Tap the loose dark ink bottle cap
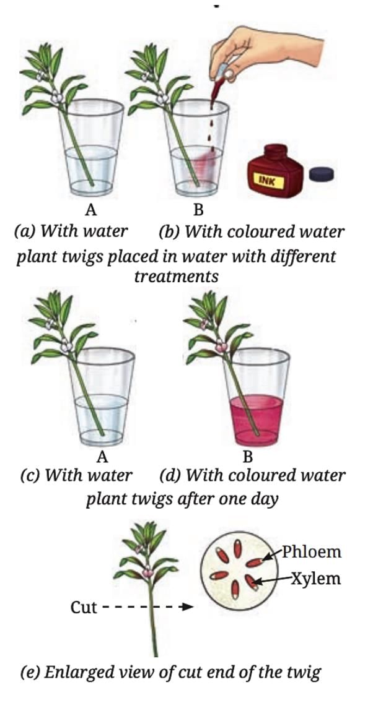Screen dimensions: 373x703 (x=322, y=174)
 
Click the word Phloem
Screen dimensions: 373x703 (x=312, y=551)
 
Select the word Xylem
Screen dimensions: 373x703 (x=315, y=579)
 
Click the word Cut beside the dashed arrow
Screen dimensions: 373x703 (x=84, y=608)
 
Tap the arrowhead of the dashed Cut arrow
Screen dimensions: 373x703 (x=189, y=608)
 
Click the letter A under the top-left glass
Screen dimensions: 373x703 (x=91, y=209)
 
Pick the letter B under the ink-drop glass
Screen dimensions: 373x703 (x=198, y=209)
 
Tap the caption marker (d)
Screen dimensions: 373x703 (x=170, y=475)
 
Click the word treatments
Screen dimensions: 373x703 (x=177, y=277)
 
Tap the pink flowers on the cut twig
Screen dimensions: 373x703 (x=147, y=571)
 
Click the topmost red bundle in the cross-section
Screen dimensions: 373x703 (x=238, y=548)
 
